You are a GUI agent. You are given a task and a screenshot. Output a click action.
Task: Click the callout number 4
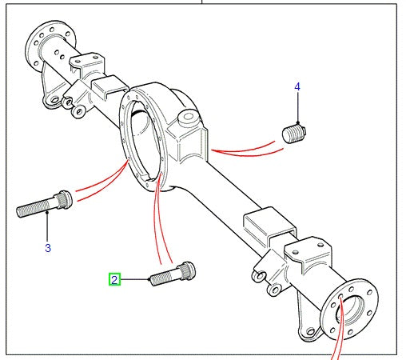click(297, 86)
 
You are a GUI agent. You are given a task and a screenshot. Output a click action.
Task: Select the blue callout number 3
click(47, 248)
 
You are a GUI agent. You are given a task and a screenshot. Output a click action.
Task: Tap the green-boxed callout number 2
click(115, 280)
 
